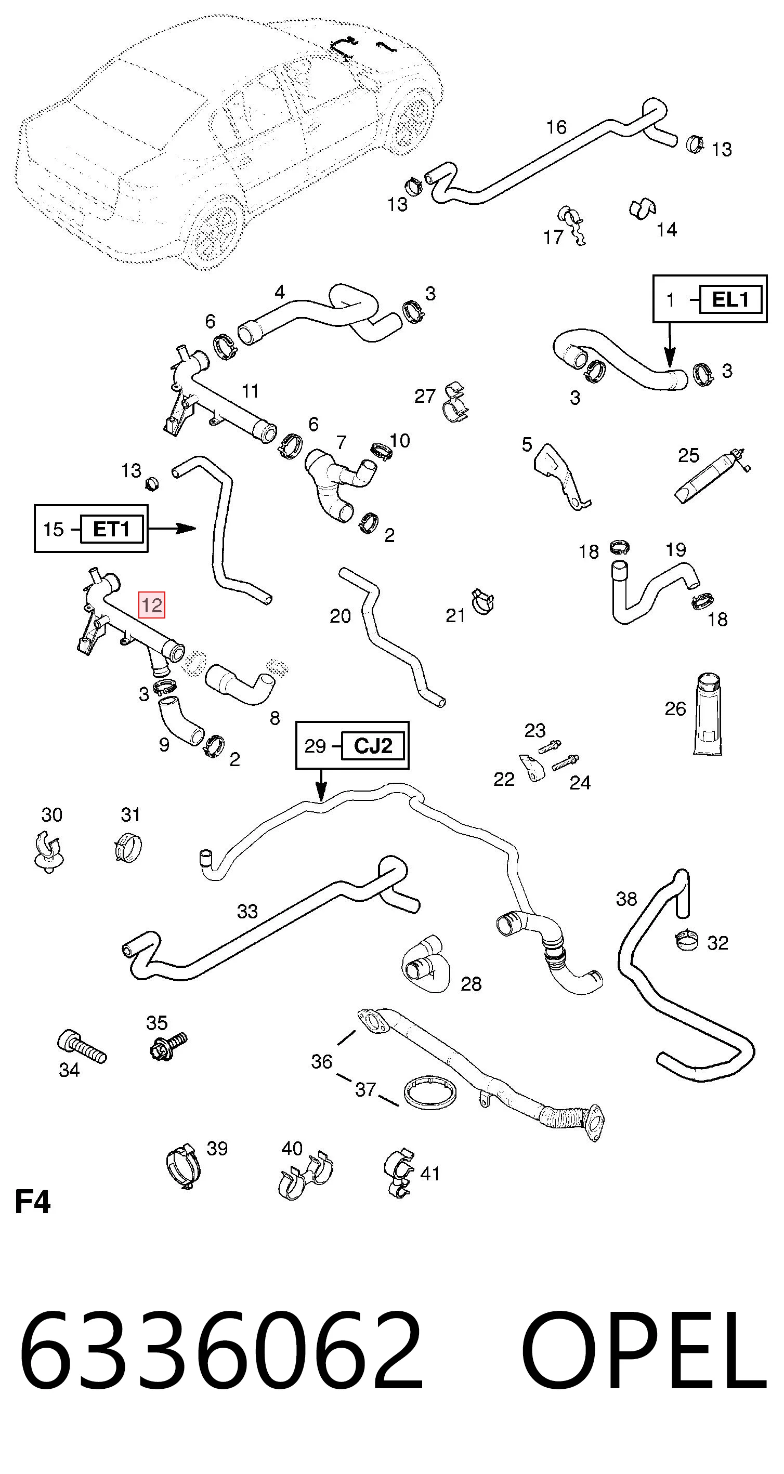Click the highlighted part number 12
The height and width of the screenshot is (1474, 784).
point(152,605)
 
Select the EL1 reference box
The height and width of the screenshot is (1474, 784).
point(730,299)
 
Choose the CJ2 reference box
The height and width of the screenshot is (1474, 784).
point(373,746)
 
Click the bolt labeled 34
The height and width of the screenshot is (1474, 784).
point(82,1046)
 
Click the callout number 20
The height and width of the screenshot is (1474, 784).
point(340,616)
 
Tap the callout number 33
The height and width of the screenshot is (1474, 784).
point(247,911)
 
